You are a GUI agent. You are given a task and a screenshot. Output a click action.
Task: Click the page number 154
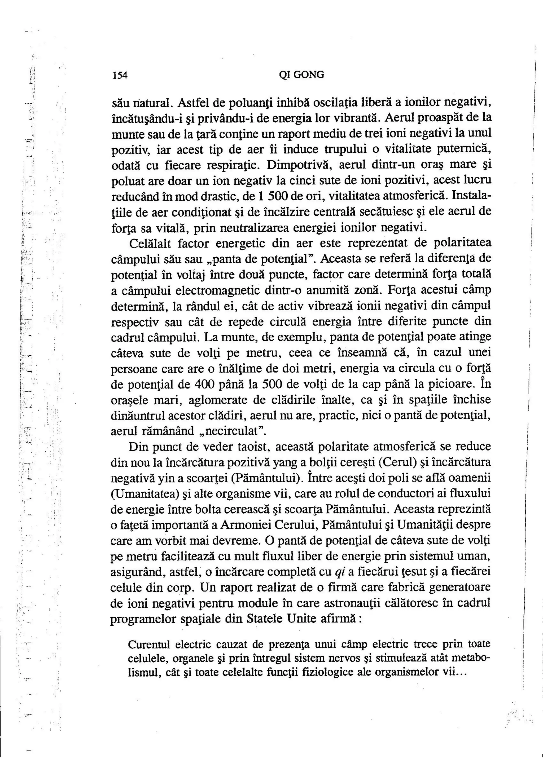(120, 75)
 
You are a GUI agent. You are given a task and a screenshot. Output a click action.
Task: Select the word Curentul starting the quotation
(149, 644)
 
